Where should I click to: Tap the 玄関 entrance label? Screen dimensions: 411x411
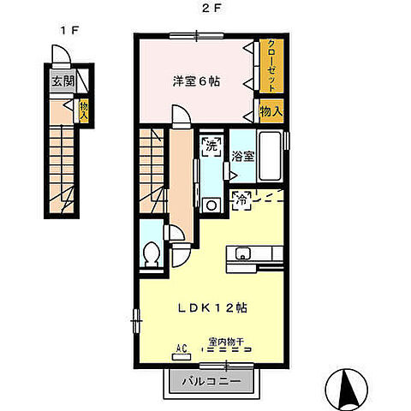tap(62, 83)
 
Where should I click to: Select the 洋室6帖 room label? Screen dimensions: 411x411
tap(198, 80)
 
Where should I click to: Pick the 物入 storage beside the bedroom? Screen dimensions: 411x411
tap(271, 111)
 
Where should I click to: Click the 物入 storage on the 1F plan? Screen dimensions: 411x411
tap(84, 110)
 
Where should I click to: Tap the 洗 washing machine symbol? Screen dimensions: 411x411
tap(210, 145)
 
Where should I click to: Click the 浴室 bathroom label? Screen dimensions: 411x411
tap(243, 157)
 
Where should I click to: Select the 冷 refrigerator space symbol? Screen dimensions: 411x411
tap(242, 200)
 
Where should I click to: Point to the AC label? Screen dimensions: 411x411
tap(182, 348)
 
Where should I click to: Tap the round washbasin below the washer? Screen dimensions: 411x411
tap(209, 204)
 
